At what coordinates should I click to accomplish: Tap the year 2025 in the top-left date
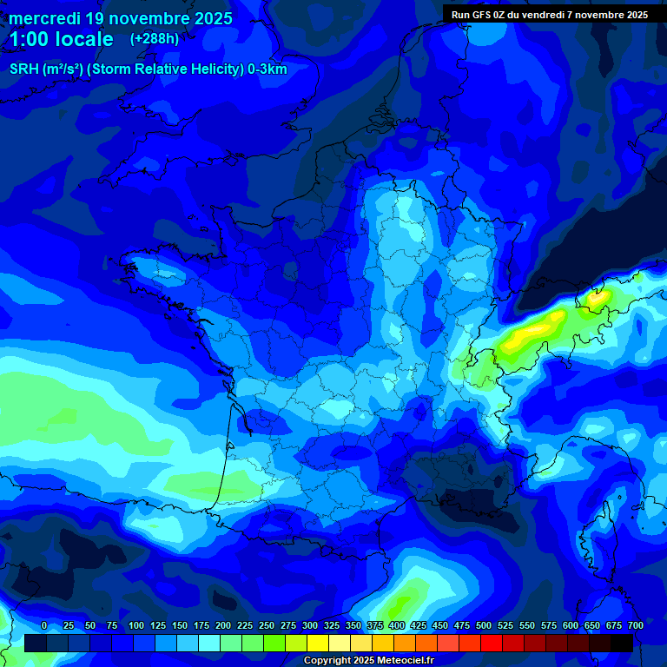coord(208,18)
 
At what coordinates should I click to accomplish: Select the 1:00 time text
coord(29,39)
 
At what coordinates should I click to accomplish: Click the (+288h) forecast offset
coord(155,39)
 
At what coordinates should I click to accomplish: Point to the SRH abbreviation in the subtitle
coord(23,69)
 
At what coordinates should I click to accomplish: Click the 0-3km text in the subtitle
coord(267,69)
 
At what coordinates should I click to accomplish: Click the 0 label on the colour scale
coord(44,625)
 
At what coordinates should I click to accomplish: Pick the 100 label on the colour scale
coord(135,625)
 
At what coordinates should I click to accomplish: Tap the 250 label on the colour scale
coord(267,625)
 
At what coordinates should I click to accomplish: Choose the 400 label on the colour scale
coord(397,625)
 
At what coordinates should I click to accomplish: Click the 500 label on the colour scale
coord(484,625)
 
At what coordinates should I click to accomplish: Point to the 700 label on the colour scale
coord(636,625)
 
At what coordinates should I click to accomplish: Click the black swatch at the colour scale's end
coord(622,643)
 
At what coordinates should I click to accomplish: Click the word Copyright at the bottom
coord(328,661)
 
